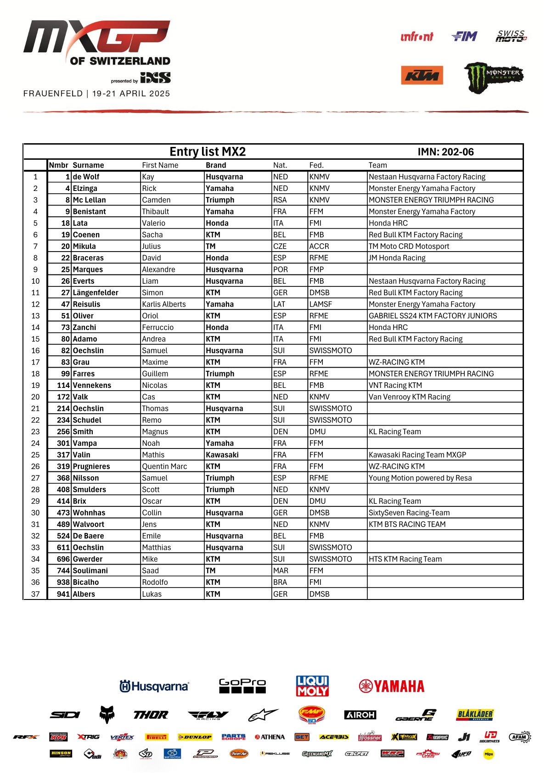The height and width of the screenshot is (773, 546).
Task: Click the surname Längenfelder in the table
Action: coord(96,292)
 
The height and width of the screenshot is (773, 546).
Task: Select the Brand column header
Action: coord(216,165)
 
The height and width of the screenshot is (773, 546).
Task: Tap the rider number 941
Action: coord(63,594)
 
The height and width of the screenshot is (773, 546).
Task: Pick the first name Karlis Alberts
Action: coord(164,304)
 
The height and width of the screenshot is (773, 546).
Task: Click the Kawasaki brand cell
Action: coord(222,455)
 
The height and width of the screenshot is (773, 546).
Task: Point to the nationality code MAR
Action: coord(281,571)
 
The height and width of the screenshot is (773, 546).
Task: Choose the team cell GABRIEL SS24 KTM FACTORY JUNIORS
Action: coord(433,316)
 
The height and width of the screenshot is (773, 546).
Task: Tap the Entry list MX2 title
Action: coord(208,152)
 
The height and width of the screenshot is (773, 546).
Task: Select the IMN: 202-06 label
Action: coord(445,152)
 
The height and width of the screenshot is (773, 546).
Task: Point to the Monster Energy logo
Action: coord(494,77)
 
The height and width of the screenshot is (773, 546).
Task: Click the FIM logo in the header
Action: coord(464,36)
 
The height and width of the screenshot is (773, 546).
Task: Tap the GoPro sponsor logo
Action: coord(242,685)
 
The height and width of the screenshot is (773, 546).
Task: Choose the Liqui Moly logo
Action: coord(312,686)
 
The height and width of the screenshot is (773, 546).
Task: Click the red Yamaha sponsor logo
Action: coord(392,686)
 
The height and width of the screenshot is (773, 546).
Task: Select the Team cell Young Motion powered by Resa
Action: coord(420,478)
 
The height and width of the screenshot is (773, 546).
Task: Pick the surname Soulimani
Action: coord(90,571)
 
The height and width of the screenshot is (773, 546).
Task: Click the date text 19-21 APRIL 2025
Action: coord(131,94)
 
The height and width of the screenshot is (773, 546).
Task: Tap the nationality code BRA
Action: coord(280,582)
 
